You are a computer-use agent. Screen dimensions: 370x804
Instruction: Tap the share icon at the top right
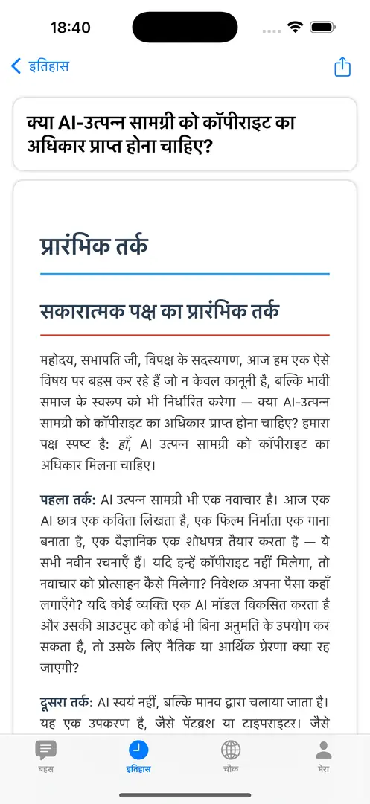[x=342, y=66]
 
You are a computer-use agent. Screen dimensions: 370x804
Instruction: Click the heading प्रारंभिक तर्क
[x=95, y=245]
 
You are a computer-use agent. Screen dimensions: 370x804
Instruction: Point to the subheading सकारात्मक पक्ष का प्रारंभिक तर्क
[x=160, y=310]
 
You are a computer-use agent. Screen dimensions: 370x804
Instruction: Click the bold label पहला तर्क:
[x=68, y=498]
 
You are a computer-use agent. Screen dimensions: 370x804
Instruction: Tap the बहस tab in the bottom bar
[x=46, y=755]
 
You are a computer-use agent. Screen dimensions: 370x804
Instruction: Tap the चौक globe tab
[x=231, y=755]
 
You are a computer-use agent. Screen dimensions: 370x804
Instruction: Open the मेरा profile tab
[x=323, y=755]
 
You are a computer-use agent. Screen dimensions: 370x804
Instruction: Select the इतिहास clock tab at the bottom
[x=138, y=755]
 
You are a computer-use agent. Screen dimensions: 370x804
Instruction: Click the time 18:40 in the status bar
[x=70, y=28]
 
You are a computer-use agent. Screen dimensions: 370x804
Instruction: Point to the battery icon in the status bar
[x=323, y=28]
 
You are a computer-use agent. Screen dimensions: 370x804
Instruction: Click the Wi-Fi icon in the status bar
[x=296, y=28]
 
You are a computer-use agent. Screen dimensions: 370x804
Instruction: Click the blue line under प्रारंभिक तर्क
[x=185, y=275]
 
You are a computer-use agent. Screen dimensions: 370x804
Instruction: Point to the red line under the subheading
[x=185, y=335]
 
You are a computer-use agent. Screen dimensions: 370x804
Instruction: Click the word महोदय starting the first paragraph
[x=59, y=362]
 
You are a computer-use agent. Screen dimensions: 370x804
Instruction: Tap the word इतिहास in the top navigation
[x=49, y=66]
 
